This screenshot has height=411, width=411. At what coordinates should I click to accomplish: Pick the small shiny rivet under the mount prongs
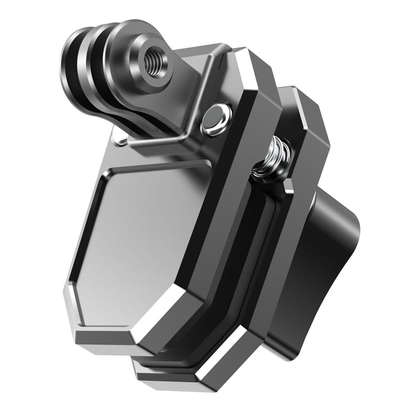[120, 141]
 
